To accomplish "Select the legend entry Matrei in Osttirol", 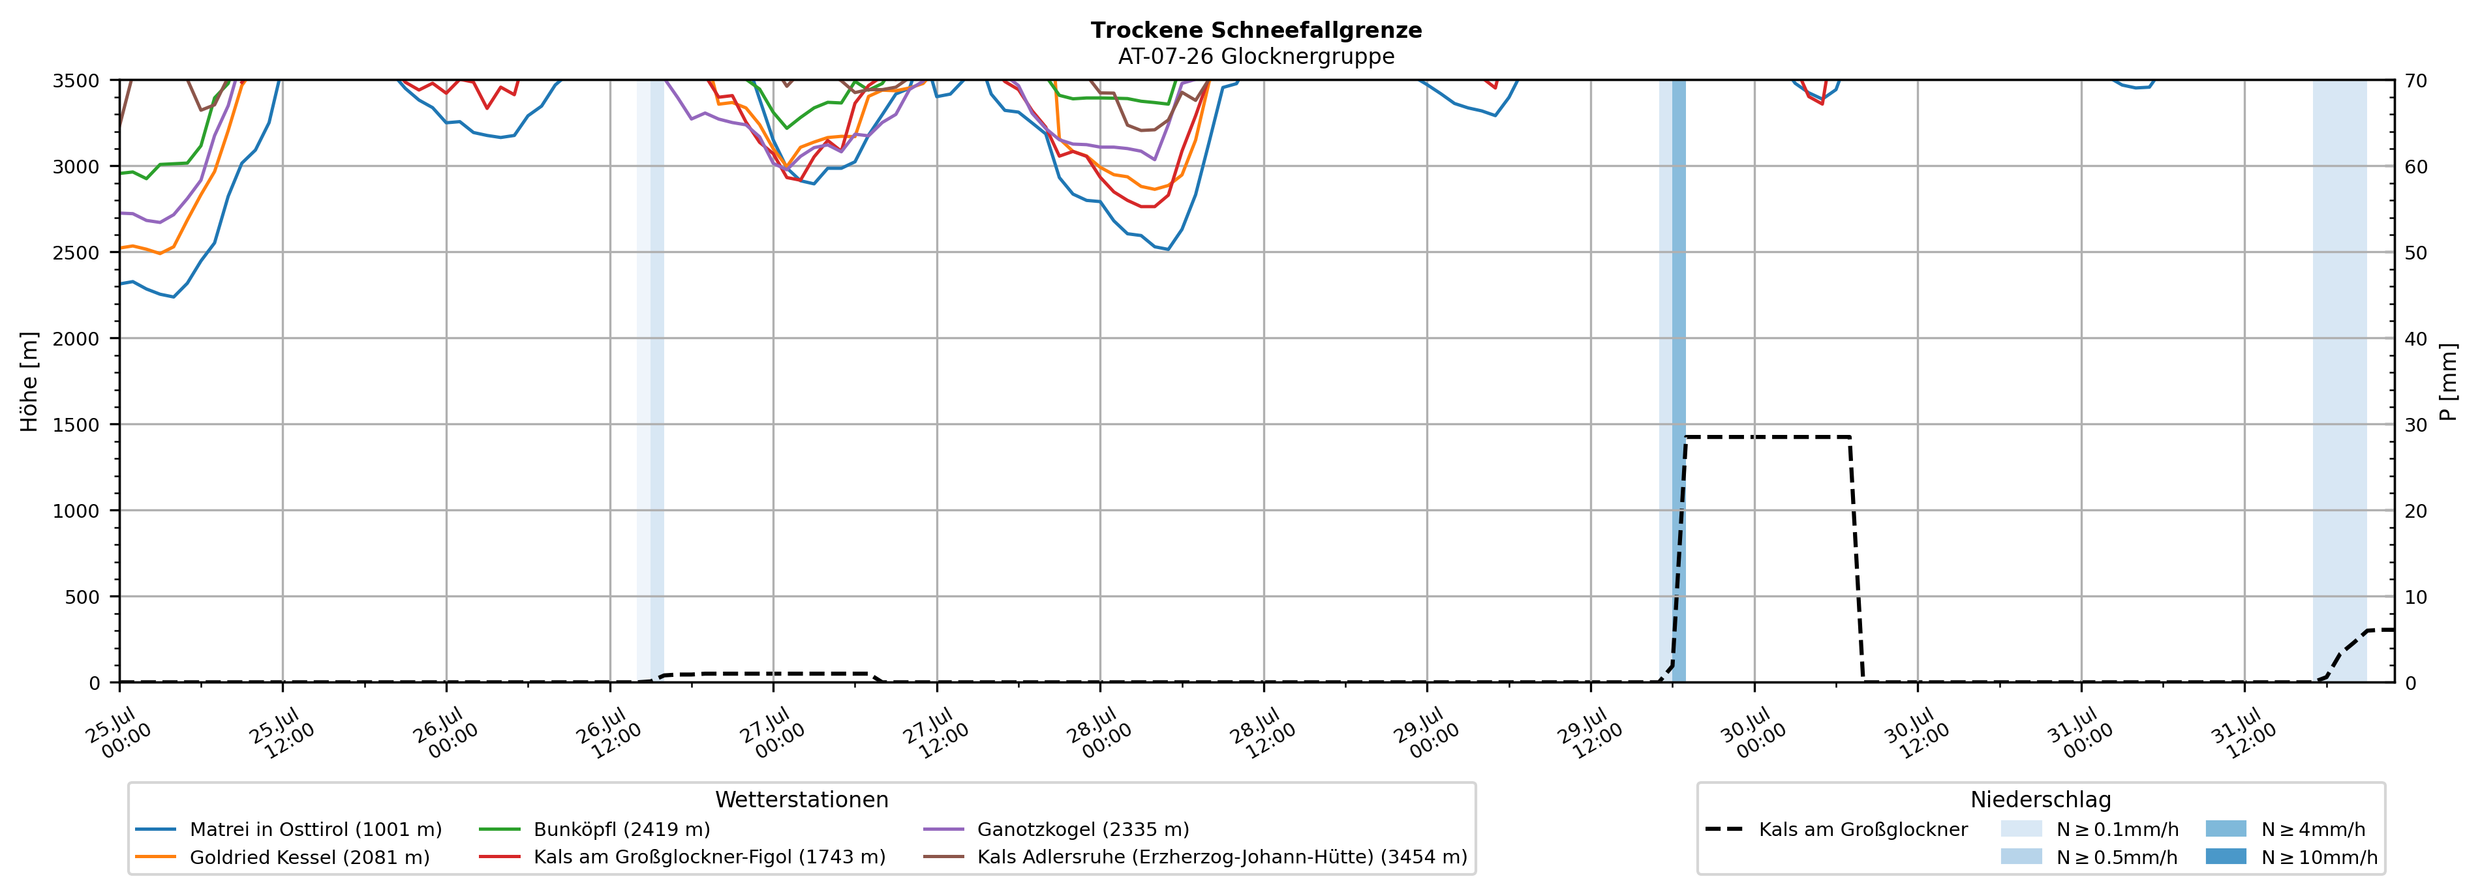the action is (x=289, y=829).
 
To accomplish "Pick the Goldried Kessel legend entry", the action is (x=283, y=857).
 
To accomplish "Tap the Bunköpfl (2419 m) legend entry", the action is (x=595, y=829).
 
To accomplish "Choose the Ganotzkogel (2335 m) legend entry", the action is (x=1056, y=829).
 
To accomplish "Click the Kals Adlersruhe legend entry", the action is (x=1195, y=857).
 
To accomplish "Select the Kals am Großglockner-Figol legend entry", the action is (x=682, y=857).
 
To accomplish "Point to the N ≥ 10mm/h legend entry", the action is (x=2291, y=857).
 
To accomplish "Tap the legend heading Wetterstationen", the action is (x=802, y=799).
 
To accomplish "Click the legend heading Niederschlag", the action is (x=2041, y=799).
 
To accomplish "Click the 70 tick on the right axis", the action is (x=2415, y=81).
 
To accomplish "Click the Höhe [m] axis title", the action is (x=29, y=381).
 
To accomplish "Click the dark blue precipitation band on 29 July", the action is (x=1679, y=381).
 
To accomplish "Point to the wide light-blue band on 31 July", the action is (x=2340, y=381).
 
